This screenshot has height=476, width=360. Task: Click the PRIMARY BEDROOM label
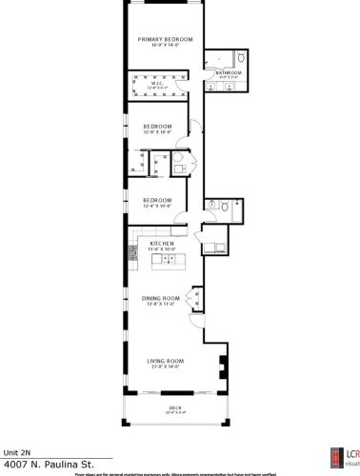pyautogui.click(x=165, y=39)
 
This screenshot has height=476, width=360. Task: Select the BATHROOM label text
pyautogui.click(x=228, y=72)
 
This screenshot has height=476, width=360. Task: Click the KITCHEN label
pyautogui.click(x=163, y=244)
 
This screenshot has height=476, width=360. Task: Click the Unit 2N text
pyautogui.click(x=18, y=452)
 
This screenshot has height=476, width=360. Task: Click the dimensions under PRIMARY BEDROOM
pyautogui.click(x=165, y=46)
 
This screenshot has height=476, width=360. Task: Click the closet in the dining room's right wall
pyautogui.click(x=197, y=299)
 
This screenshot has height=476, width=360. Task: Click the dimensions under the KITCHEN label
pyautogui.click(x=163, y=250)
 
